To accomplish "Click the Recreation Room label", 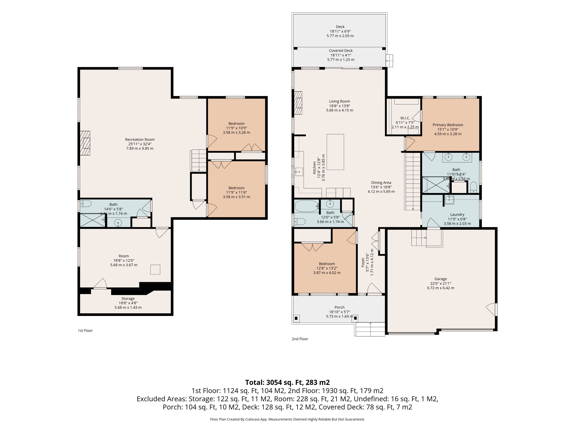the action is point(140,139).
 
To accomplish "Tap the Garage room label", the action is point(441,279).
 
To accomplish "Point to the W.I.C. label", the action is point(405,118).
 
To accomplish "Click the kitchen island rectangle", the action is point(335,152).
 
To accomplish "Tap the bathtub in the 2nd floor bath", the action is point(307,206).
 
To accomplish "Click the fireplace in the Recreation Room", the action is point(85,143).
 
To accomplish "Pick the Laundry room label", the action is point(457,215).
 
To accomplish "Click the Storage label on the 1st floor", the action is point(128,299).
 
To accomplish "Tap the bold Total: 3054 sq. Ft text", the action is point(287,382).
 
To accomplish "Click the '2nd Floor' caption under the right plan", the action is point(300,339).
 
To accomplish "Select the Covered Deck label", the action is point(341,51).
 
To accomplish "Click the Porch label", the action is point(339,307).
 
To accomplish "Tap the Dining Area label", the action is point(381,183).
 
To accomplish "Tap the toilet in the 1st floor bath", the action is point(86,203).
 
